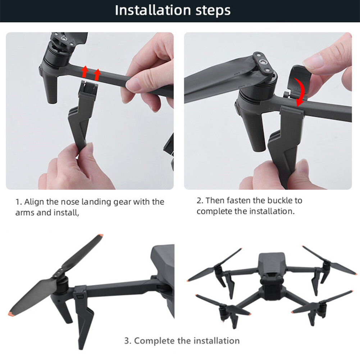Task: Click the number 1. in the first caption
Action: click(x=18, y=202)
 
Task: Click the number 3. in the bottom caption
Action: click(x=128, y=341)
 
